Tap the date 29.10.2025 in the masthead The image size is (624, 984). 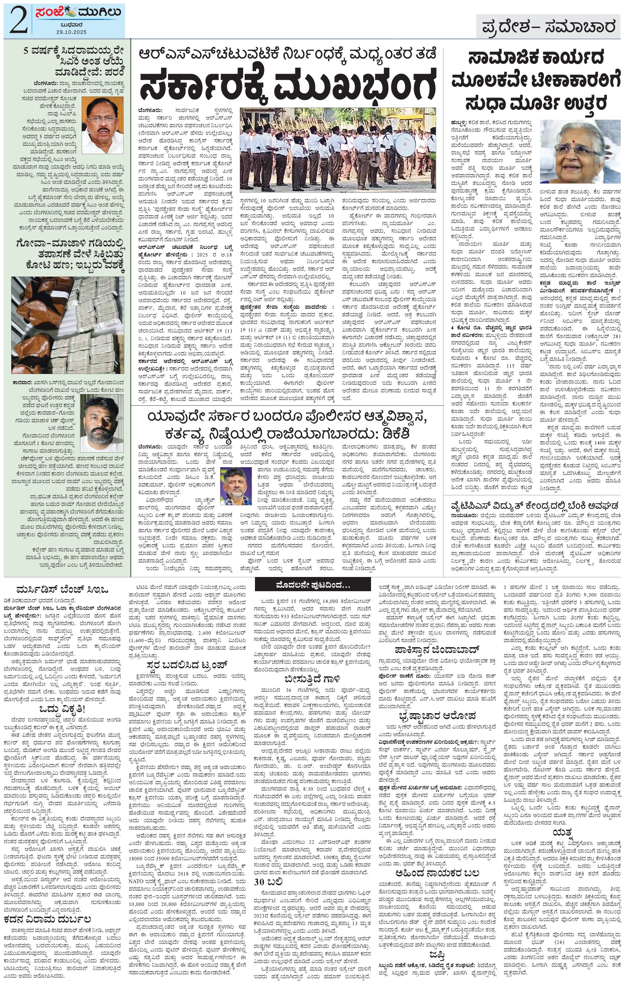tap(71, 32)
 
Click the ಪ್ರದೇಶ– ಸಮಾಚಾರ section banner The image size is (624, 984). tap(548, 28)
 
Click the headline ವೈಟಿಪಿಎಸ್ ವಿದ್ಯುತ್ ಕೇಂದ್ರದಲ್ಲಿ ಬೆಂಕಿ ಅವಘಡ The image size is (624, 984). tap(533, 504)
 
